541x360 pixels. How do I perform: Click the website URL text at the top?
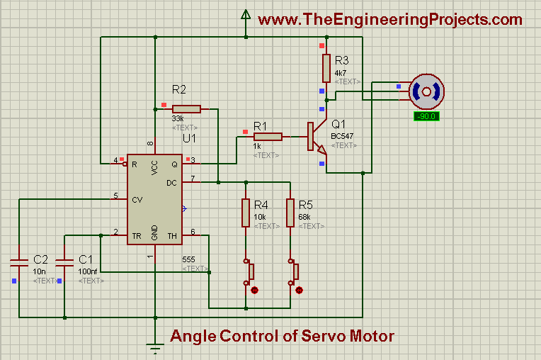click(x=390, y=19)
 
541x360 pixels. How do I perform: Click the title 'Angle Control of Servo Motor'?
click(x=282, y=335)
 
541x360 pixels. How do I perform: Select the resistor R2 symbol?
click(x=186, y=108)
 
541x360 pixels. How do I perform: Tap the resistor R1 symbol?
click(x=268, y=137)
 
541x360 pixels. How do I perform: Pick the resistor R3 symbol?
click(x=326, y=68)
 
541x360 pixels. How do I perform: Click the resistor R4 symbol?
click(x=246, y=213)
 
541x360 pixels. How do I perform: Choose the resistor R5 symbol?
click(x=290, y=213)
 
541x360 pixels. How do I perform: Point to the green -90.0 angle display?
click(x=427, y=116)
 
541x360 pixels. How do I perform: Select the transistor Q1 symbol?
click(x=316, y=137)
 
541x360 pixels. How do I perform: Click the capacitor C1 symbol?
click(x=64, y=263)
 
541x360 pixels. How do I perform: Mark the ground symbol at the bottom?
click(x=154, y=347)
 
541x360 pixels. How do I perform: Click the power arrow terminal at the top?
click(x=246, y=14)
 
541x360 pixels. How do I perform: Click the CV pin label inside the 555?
click(x=139, y=200)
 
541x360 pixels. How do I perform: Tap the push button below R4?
click(x=249, y=272)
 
